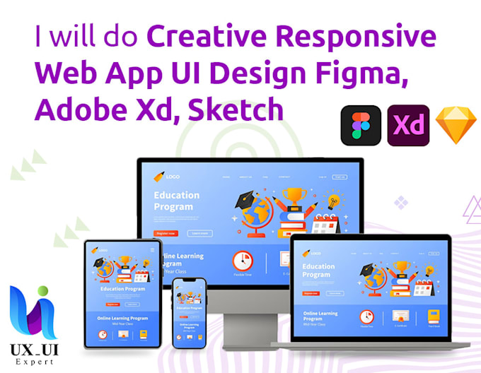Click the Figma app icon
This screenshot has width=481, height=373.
(x=361, y=125)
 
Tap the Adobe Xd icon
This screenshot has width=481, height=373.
(x=408, y=125)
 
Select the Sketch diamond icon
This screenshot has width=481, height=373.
(x=456, y=125)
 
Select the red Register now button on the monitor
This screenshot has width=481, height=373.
(x=165, y=232)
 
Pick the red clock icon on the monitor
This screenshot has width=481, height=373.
(x=243, y=260)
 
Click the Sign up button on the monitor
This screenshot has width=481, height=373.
(x=340, y=177)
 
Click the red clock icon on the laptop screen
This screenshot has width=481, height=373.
(x=366, y=316)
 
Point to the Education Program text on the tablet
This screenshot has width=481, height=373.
(x=123, y=289)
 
